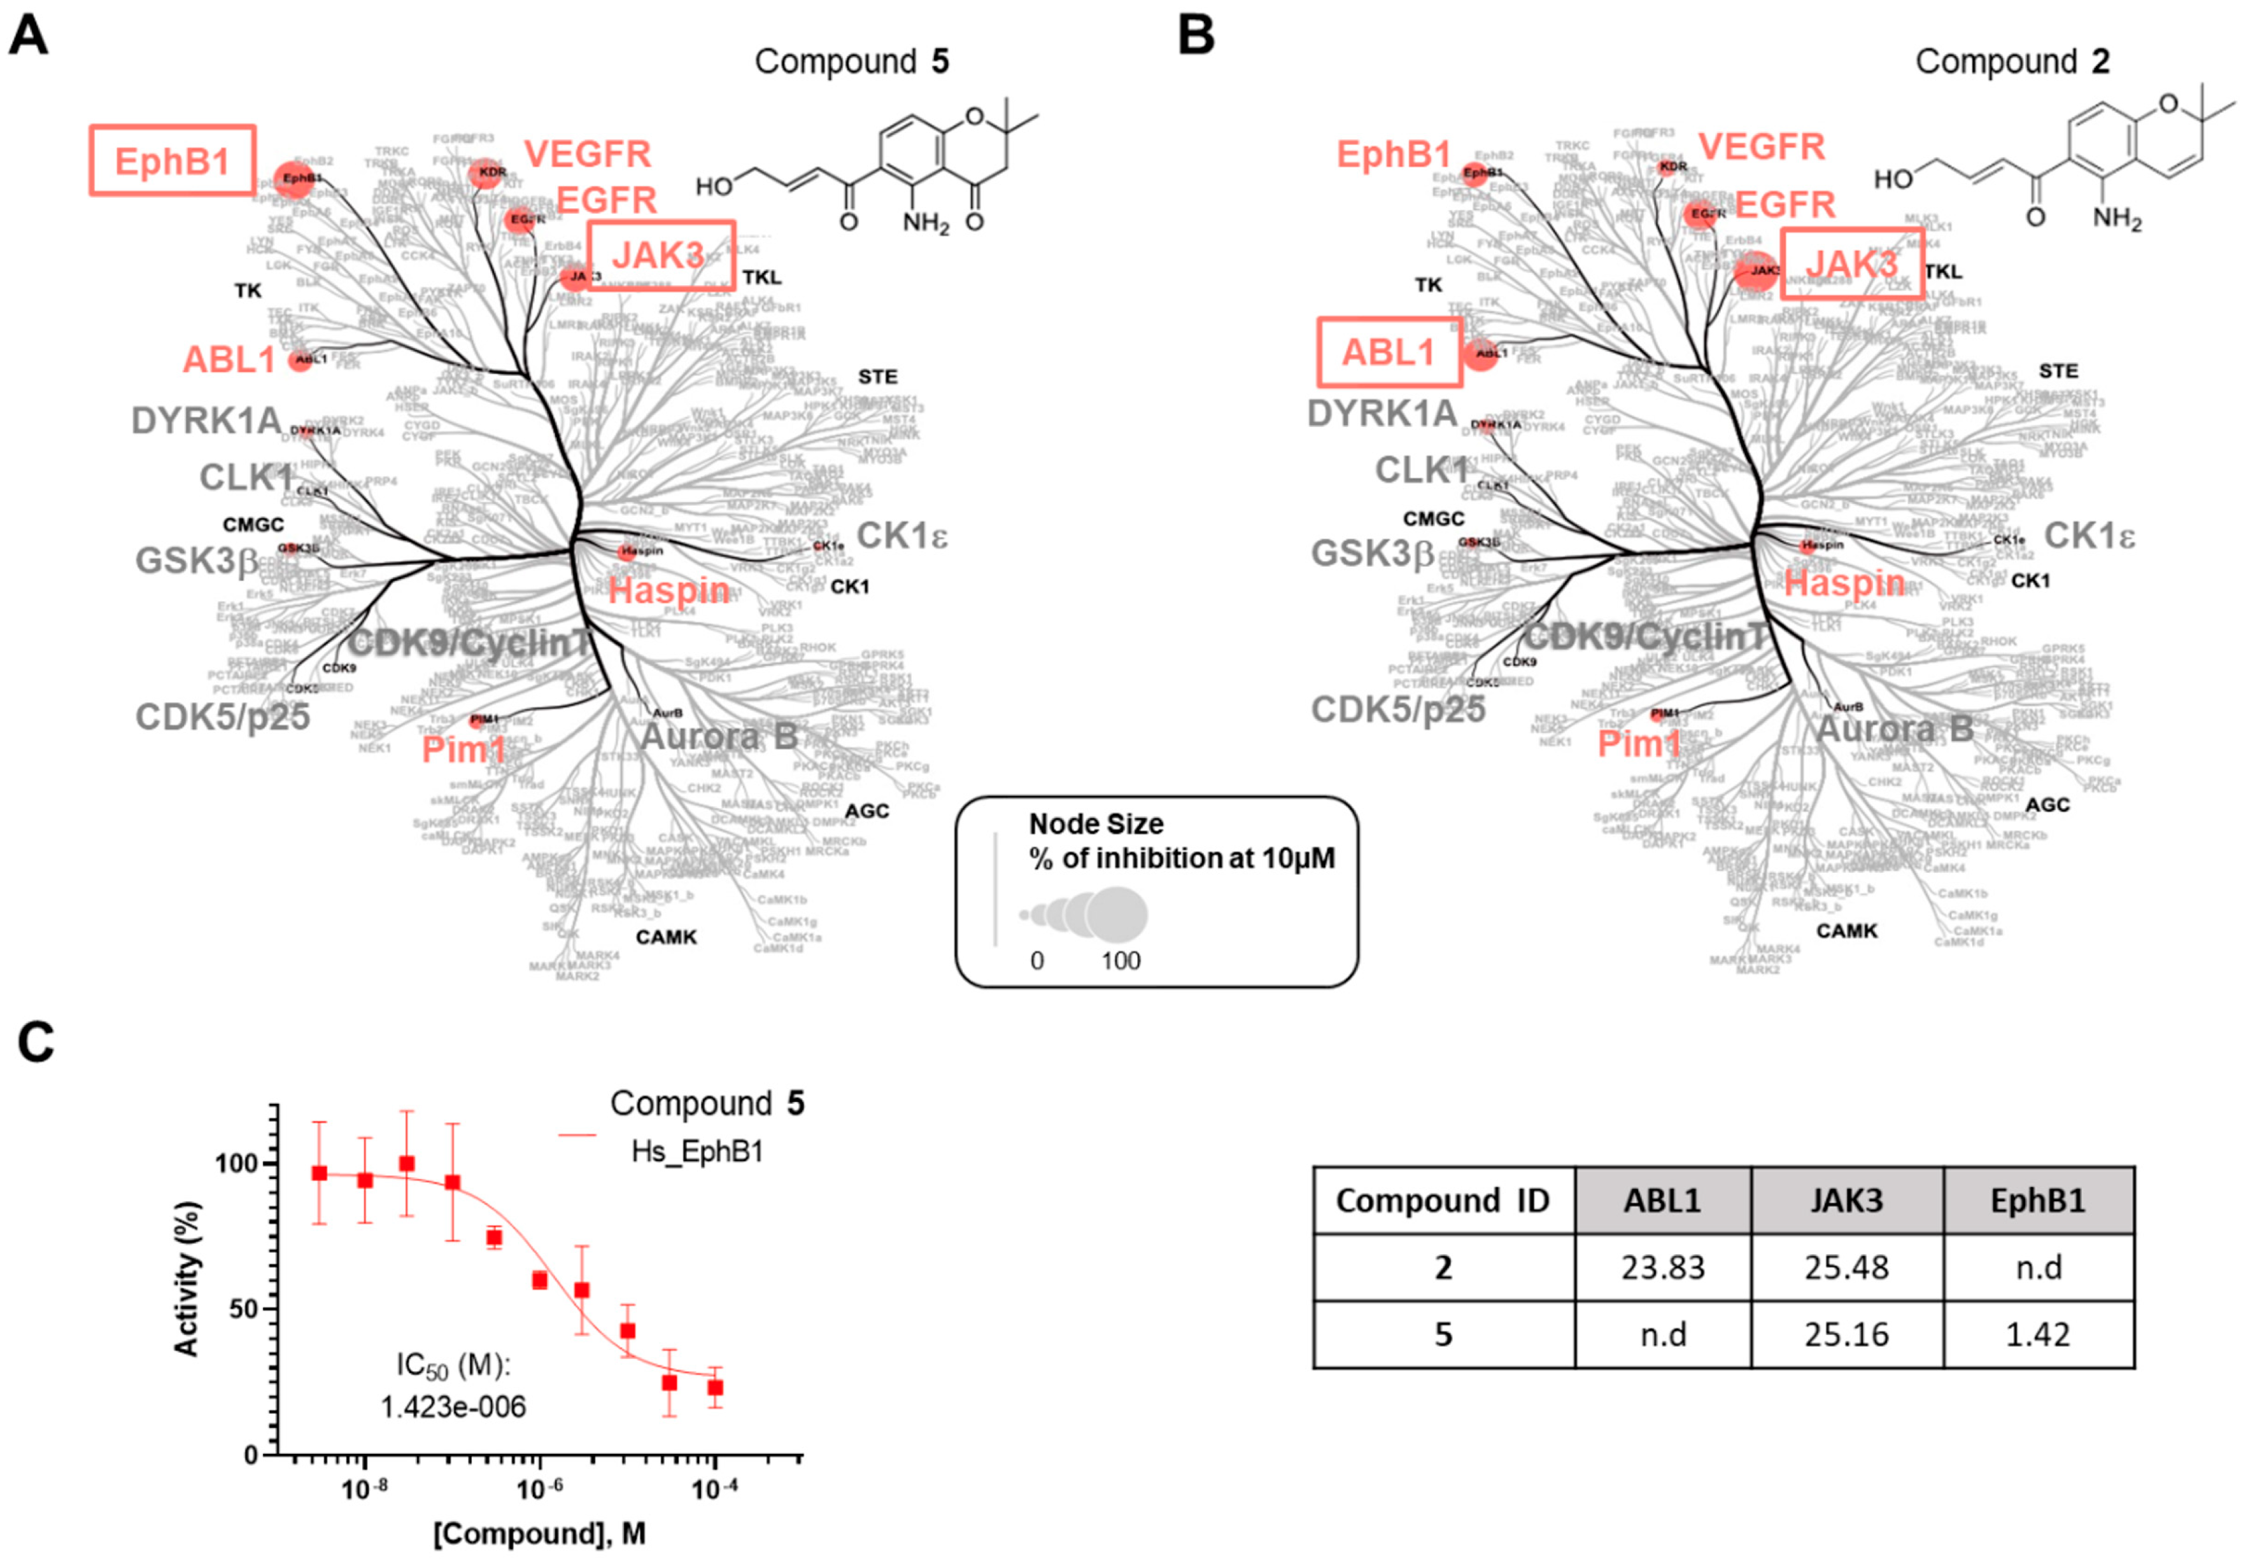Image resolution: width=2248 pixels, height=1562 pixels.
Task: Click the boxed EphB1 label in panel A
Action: [x=173, y=160]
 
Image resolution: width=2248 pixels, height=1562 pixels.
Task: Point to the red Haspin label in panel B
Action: [x=1844, y=583]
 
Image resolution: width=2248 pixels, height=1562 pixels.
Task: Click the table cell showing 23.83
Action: [x=1662, y=1267]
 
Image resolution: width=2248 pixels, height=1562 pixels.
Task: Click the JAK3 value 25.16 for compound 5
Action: [x=1846, y=1334]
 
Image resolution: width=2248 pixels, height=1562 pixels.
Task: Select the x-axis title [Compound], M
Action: [x=539, y=1533]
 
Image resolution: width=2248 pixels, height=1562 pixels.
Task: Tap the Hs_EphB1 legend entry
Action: [x=696, y=1151]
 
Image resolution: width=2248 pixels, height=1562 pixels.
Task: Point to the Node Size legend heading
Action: [x=1096, y=824]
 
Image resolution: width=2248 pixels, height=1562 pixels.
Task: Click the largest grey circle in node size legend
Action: [x=1116, y=915]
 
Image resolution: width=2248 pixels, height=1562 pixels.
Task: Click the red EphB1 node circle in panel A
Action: [x=293, y=179]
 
